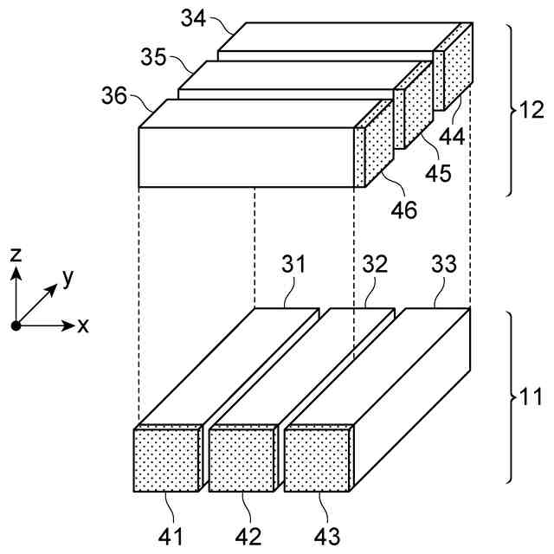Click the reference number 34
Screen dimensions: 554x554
tap(195, 17)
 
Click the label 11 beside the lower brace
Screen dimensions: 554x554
tap(529, 400)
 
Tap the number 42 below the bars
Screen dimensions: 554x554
tap(247, 537)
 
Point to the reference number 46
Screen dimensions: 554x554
tap(403, 209)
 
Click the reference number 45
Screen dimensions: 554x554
tap(438, 173)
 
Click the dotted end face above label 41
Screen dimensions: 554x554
tap(166, 459)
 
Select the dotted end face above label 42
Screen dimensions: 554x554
tap(242, 459)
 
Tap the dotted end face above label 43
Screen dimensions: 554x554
tap(317, 459)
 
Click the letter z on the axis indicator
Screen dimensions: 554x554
tap(16, 253)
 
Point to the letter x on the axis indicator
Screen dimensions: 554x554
tap(83, 326)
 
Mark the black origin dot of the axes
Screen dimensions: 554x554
tap(16, 325)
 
